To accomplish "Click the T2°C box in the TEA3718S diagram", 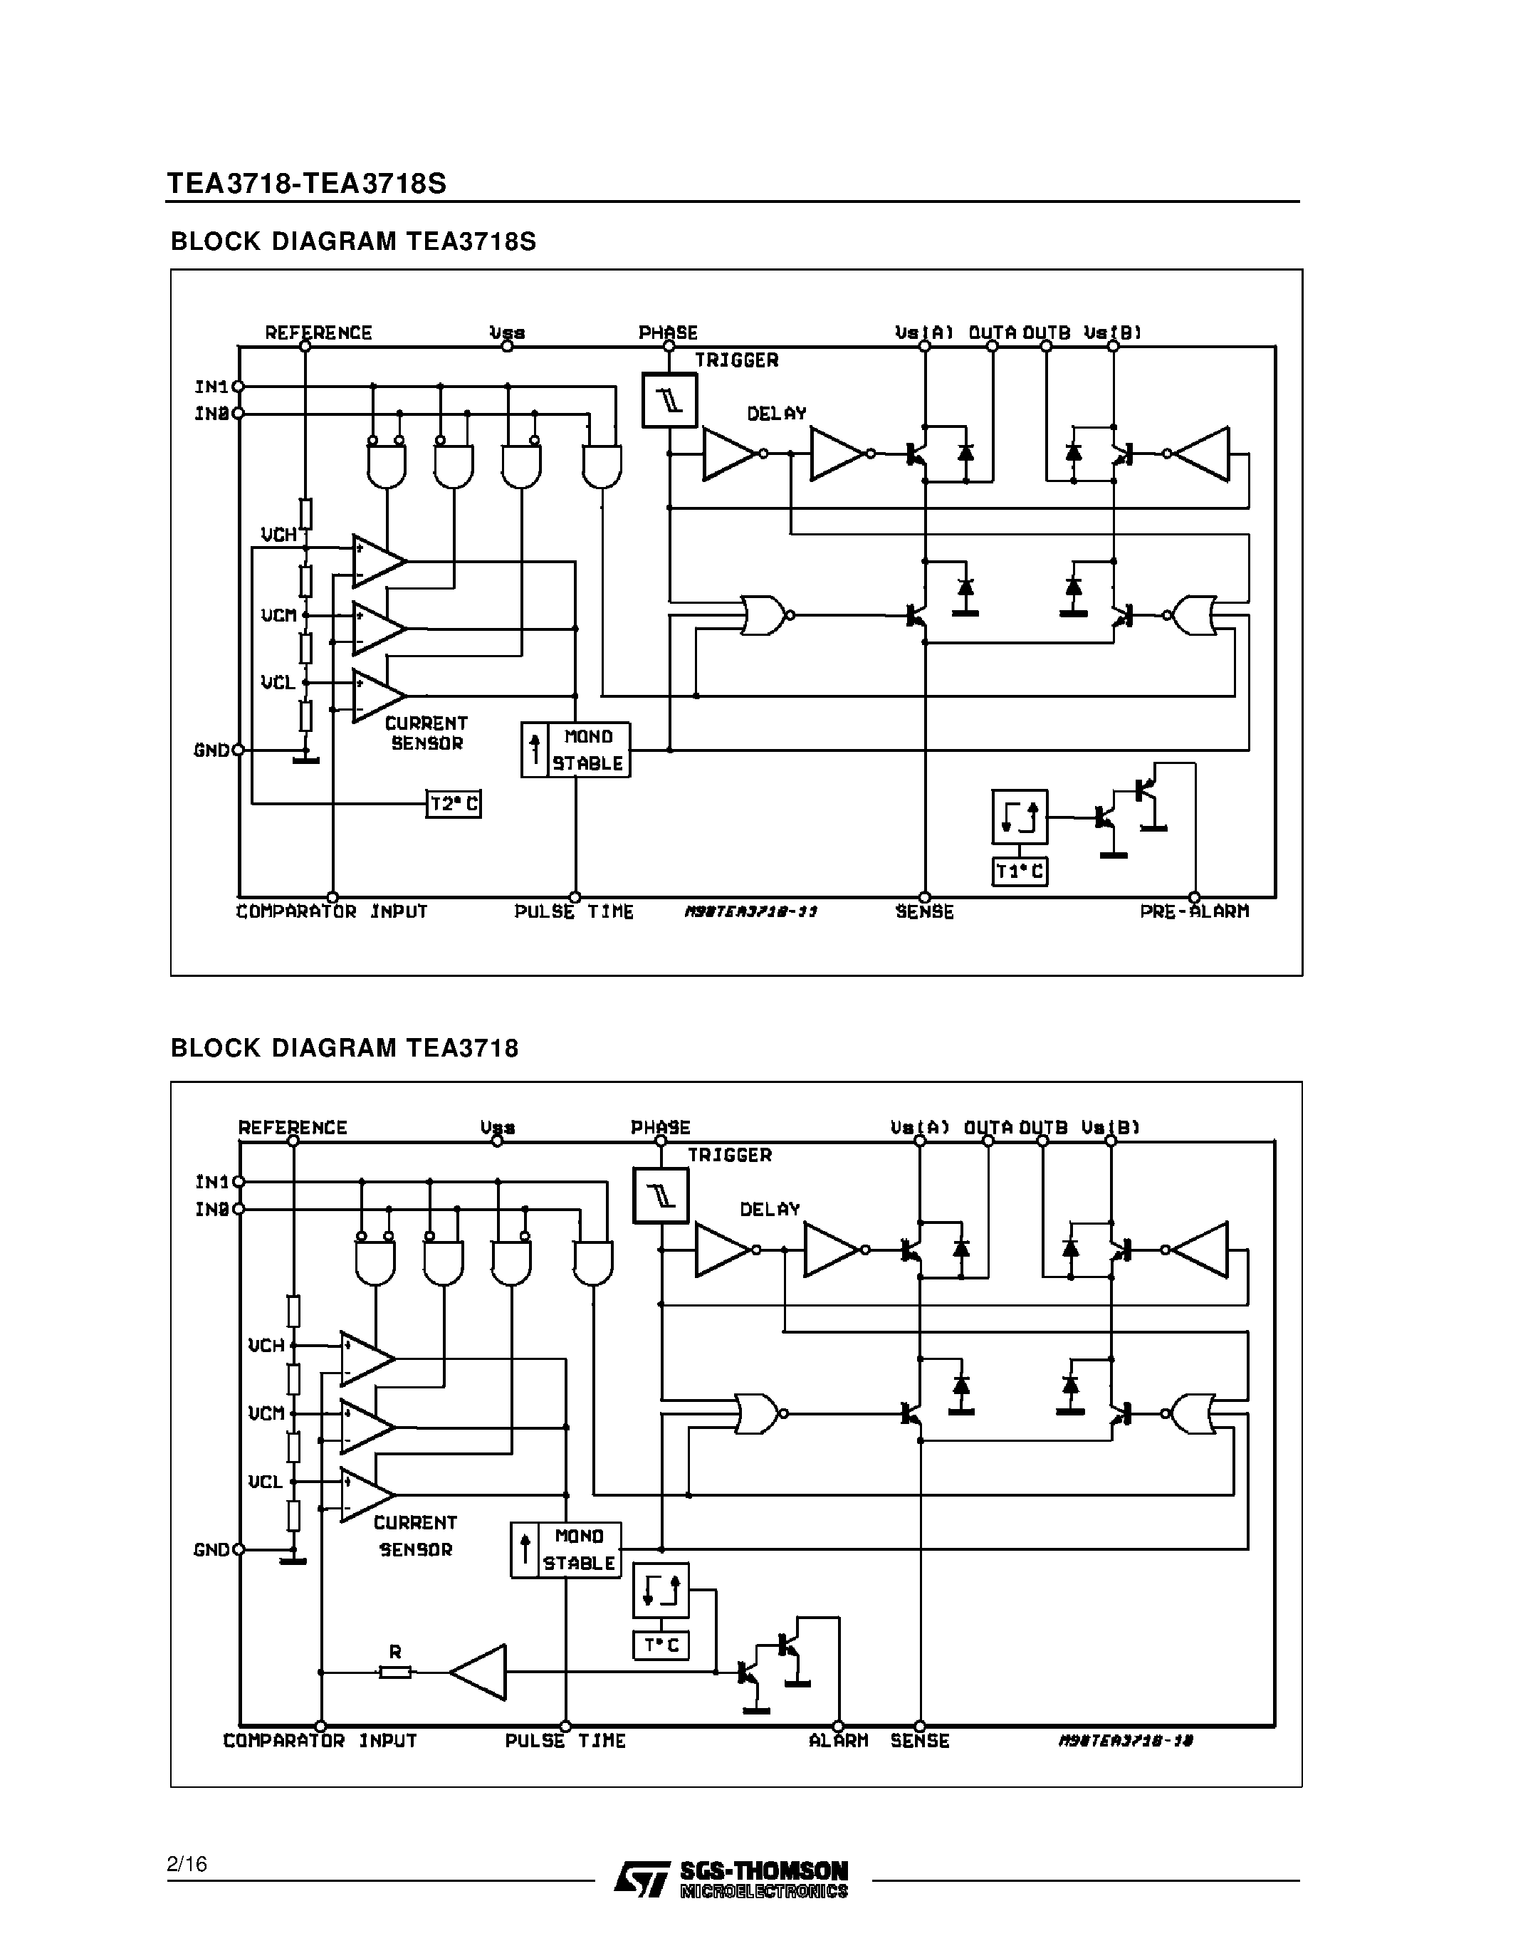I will (x=454, y=803).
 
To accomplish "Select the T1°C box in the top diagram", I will (x=1019, y=871).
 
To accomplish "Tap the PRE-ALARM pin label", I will (x=1194, y=912).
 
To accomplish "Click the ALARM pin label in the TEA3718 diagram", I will (x=838, y=1741).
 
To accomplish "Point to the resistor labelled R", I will (x=395, y=1671).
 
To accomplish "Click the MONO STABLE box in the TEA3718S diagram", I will (x=576, y=750).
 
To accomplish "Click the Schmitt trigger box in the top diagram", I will (x=669, y=400).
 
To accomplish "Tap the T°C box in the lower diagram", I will (x=661, y=1646).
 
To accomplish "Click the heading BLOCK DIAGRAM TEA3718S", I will (x=353, y=242).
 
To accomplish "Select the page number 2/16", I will (x=187, y=1865).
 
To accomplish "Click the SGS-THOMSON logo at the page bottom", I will (x=731, y=1878).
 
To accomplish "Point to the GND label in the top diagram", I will (x=211, y=750).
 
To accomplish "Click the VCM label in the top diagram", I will (x=278, y=615).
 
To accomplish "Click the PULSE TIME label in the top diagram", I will (x=574, y=912).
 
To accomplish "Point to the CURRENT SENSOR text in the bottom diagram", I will (x=415, y=1536).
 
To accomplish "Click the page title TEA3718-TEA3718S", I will (x=307, y=183).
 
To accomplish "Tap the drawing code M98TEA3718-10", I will (x=1126, y=1741).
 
